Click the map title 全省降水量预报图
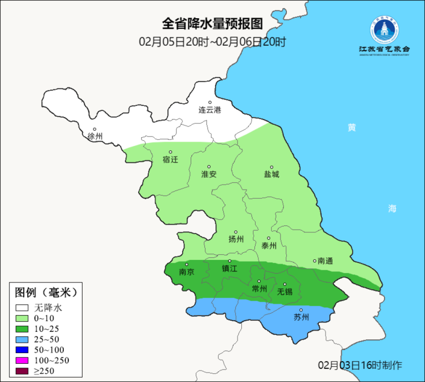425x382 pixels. click(212, 24)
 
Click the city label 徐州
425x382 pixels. click(95, 136)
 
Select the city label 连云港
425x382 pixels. click(209, 110)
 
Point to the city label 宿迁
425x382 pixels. click(170, 159)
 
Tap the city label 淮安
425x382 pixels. click(209, 174)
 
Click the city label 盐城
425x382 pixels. click(272, 174)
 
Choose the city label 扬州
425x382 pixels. click(236, 239)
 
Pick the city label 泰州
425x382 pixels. click(269, 246)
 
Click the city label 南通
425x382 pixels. click(325, 261)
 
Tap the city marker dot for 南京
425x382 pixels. click(186, 265)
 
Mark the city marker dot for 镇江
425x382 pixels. click(229, 261)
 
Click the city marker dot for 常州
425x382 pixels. click(259, 281)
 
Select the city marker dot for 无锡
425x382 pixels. click(285, 284)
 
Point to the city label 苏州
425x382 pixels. click(301, 317)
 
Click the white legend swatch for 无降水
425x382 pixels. click(22, 307)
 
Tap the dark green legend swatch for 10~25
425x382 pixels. click(22, 329)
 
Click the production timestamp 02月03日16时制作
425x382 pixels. click(360, 366)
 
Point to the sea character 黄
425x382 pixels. click(352, 128)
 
